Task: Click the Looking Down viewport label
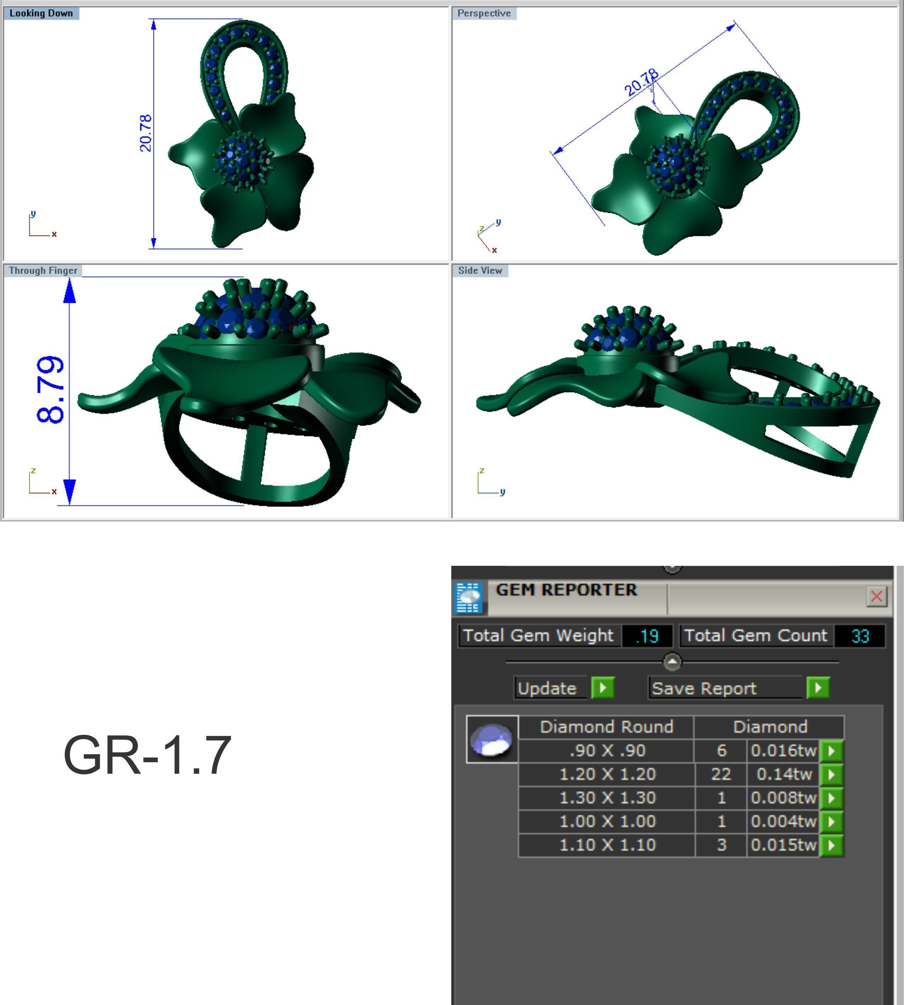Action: tap(41, 13)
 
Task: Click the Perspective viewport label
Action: tap(484, 13)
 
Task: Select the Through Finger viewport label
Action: tap(43, 271)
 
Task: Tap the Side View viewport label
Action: tap(480, 271)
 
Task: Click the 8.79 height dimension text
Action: tap(51, 390)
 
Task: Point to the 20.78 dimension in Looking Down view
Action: tap(145, 133)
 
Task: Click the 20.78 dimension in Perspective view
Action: tap(641, 82)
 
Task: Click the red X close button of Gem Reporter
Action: tap(876, 596)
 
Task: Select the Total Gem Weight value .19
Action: tap(647, 636)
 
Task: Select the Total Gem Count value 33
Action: tap(860, 636)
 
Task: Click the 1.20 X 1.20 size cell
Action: tap(607, 774)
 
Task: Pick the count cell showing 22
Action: tap(721, 774)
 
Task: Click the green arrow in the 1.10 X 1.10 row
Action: tap(831, 845)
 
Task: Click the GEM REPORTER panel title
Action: tap(566, 590)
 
